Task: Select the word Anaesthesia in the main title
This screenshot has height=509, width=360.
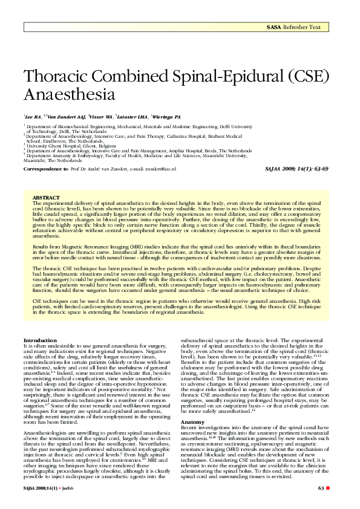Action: (x=69, y=95)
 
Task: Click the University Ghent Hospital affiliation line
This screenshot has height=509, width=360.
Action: (x=70, y=146)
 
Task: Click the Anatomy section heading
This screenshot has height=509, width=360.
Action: (x=193, y=438)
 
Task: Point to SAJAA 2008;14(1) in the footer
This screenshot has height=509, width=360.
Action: (x=38, y=487)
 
